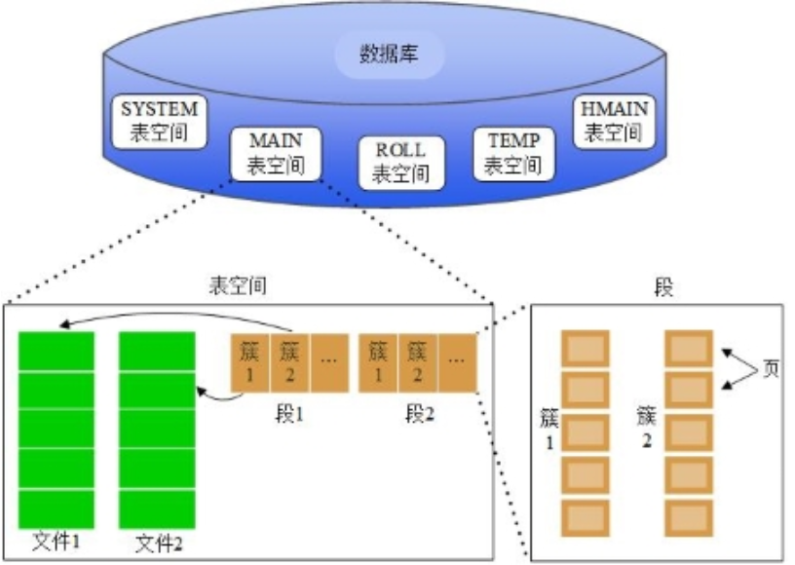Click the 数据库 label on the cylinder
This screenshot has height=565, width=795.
click(390, 54)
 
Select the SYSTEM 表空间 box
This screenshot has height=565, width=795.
click(159, 121)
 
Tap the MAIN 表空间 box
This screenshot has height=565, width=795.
click(275, 154)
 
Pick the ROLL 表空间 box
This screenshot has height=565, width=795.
click(400, 162)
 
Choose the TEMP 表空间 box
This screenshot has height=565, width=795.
click(513, 153)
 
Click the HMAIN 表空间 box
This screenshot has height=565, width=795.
click(613, 121)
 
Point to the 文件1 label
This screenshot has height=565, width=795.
click(57, 542)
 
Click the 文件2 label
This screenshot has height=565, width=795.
click(159, 542)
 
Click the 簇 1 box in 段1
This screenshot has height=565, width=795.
click(250, 362)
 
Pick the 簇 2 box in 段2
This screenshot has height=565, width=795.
click(418, 362)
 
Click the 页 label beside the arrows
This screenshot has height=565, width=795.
click(771, 371)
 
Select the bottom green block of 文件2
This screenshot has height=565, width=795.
click(158, 507)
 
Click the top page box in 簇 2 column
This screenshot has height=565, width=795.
click(688, 348)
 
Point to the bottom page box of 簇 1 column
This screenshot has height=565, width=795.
click(586, 515)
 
